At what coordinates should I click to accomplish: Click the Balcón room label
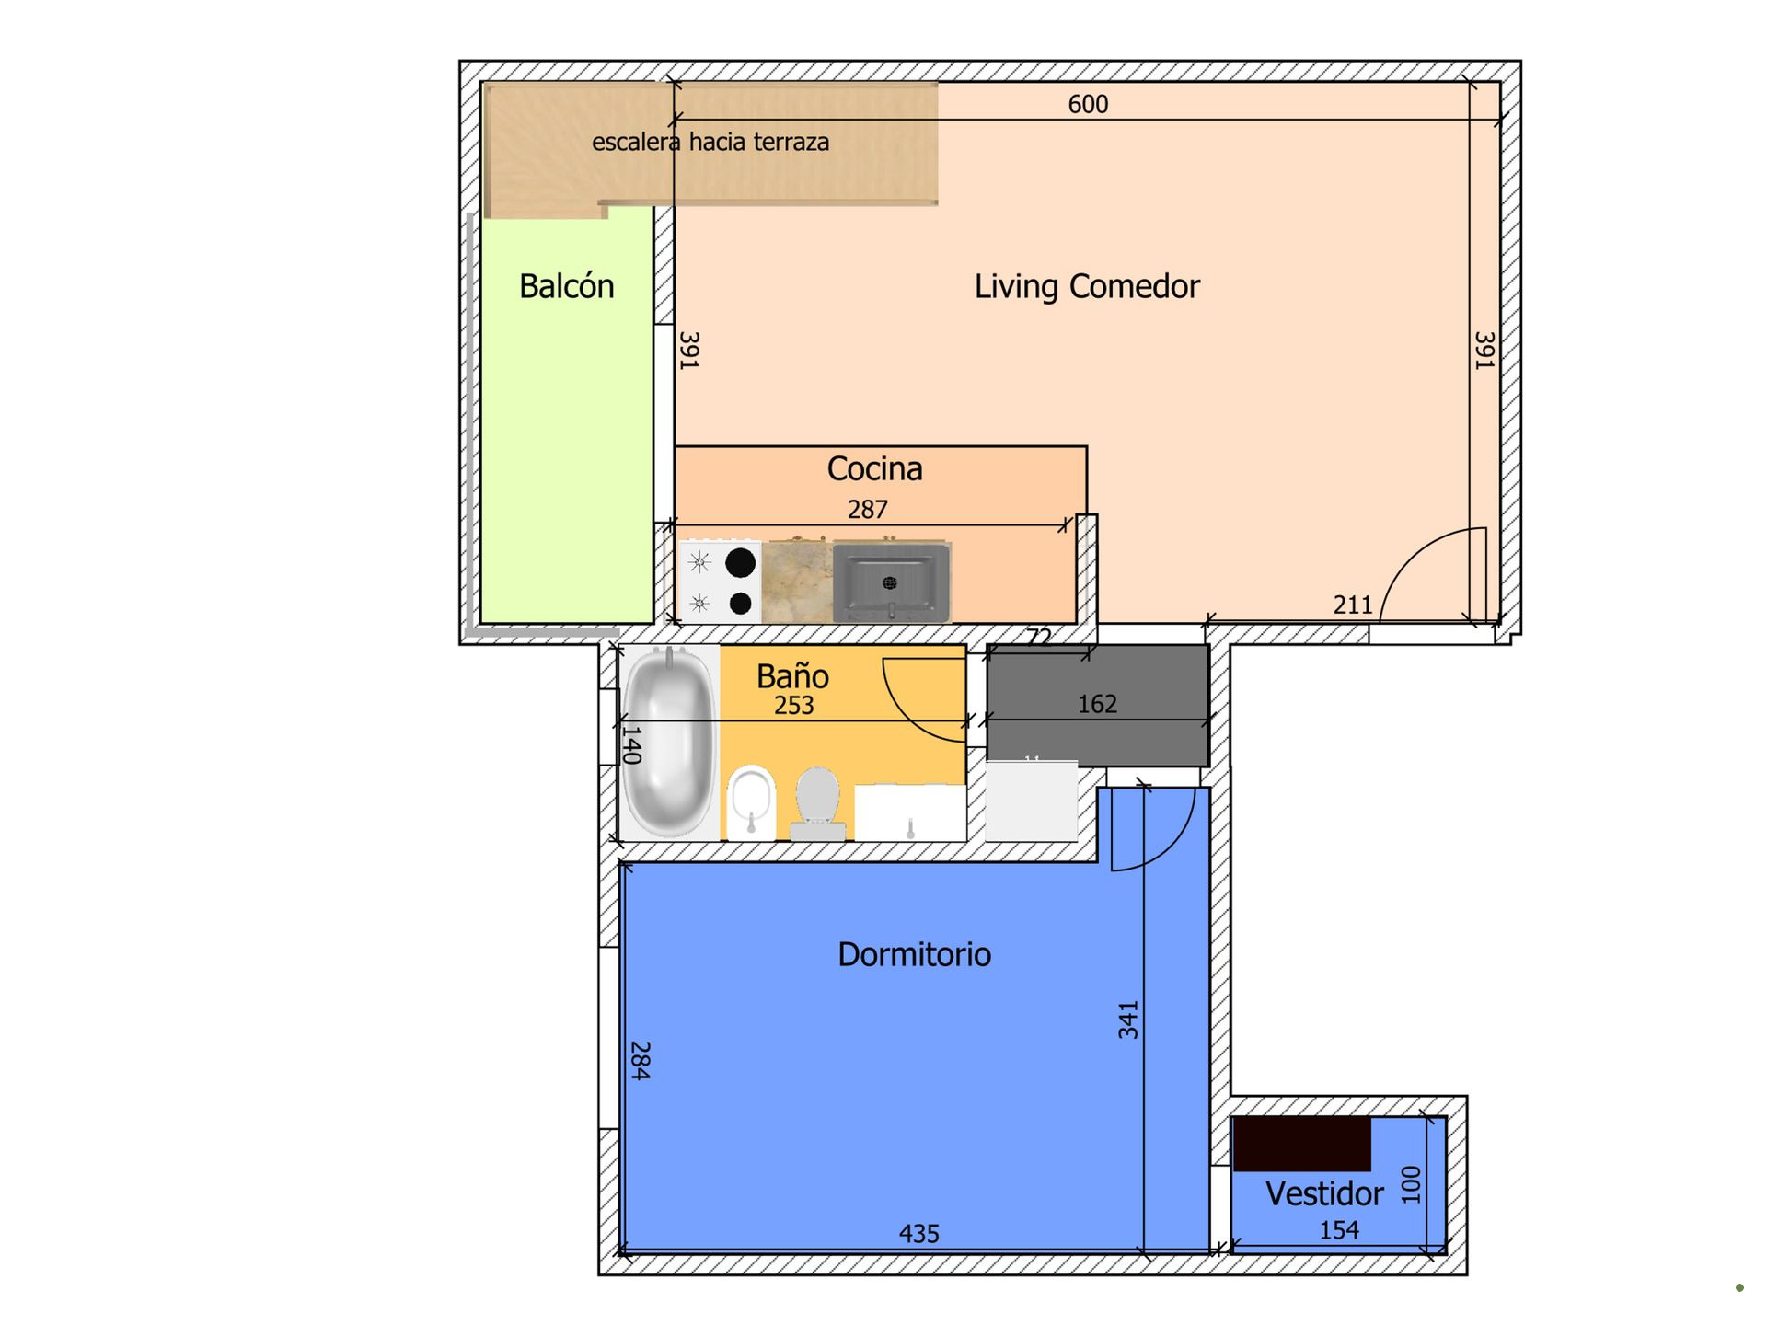[x=566, y=286]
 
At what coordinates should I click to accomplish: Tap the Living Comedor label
[x=1087, y=287]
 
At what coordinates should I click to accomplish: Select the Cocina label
[x=874, y=468]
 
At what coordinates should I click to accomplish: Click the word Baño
[x=792, y=675]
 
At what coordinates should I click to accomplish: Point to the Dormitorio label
[x=914, y=954]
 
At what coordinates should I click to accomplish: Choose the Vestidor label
[x=1324, y=1193]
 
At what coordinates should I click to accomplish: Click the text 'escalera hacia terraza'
[x=710, y=142]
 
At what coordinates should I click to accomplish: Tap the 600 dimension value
[x=1088, y=104]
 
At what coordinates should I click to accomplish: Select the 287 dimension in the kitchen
[x=867, y=509]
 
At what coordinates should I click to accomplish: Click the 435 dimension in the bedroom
[x=918, y=1233]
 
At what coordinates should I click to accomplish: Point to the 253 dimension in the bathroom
[x=793, y=705]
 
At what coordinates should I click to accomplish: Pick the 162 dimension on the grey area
[x=1097, y=704]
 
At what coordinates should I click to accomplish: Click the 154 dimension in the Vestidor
[x=1339, y=1230]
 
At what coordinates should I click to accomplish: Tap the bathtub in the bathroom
[x=668, y=742]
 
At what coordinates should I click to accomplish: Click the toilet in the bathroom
[x=817, y=803]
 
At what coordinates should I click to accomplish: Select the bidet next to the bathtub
[x=751, y=802]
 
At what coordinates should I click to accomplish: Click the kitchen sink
[x=891, y=582]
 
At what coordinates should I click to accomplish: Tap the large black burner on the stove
[x=741, y=562]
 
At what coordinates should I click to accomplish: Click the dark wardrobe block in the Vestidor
[x=1302, y=1144]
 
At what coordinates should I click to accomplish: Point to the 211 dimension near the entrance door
[x=1353, y=605]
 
